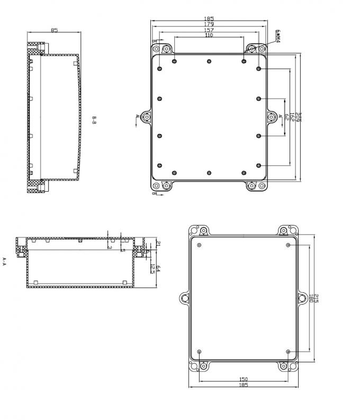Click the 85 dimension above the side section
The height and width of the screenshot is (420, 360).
[x=55, y=30]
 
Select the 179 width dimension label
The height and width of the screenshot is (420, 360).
[x=209, y=24]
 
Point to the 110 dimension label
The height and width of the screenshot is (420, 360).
[x=209, y=35]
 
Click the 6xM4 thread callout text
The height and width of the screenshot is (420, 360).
[x=277, y=37]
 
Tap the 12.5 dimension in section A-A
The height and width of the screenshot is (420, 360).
[x=152, y=269]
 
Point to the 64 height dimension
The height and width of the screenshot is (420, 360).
[x=158, y=269]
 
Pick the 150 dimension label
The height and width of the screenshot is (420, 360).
[x=243, y=379]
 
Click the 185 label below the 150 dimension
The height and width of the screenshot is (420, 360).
[x=243, y=385]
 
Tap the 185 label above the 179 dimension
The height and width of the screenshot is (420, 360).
[x=209, y=19]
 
